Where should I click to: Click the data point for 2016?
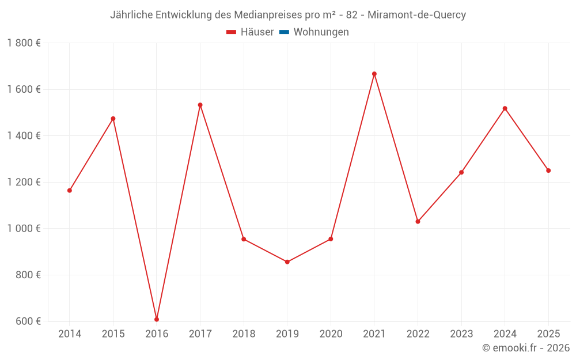click(157, 319)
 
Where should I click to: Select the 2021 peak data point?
click(374, 74)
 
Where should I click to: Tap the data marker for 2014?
click(70, 190)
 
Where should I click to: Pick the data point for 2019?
click(287, 262)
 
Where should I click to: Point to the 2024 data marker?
click(505, 108)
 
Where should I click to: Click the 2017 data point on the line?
click(200, 105)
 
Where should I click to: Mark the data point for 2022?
click(418, 221)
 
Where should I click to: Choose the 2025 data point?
click(548, 170)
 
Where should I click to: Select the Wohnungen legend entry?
click(321, 32)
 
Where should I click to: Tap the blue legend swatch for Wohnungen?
click(284, 32)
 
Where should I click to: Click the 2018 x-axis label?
click(244, 334)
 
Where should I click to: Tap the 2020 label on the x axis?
click(331, 334)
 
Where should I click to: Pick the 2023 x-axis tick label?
click(461, 334)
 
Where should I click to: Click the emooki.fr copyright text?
click(526, 348)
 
